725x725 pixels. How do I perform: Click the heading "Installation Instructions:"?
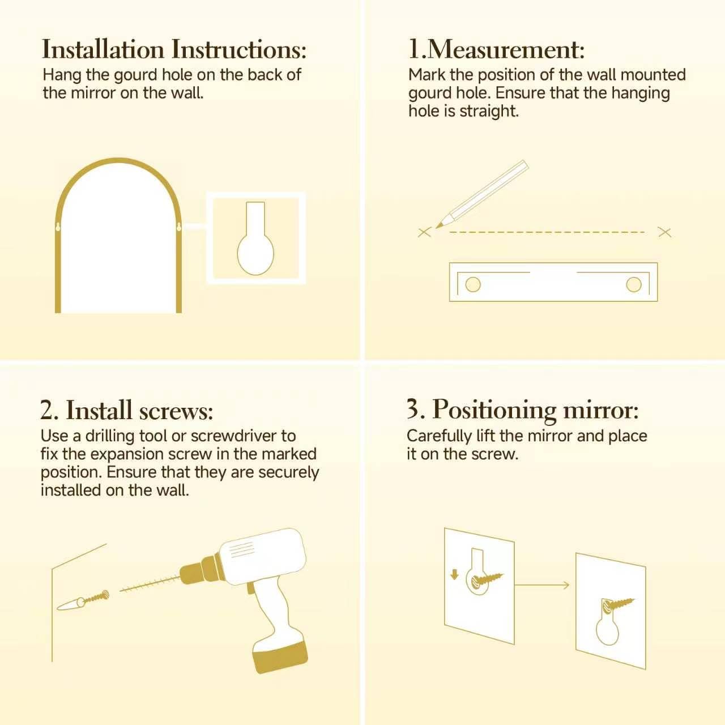click(x=174, y=49)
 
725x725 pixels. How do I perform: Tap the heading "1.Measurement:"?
click(x=496, y=49)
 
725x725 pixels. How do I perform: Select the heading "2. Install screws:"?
click(x=127, y=410)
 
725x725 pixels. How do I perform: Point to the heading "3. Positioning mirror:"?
click(x=523, y=410)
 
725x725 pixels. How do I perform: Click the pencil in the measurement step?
click(x=482, y=194)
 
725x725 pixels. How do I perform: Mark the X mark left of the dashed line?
click(x=424, y=233)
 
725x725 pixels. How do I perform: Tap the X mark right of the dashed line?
click(x=665, y=233)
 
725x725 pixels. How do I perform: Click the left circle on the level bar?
click(x=473, y=285)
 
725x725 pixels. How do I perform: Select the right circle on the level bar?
click(x=634, y=285)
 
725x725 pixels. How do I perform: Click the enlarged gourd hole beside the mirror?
click(x=255, y=238)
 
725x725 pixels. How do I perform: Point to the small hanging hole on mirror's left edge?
click(x=58, y=227)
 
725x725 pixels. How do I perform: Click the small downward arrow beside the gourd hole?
click(x=454, y=574)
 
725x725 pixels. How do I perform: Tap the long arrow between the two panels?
click(x=542, y=585)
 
